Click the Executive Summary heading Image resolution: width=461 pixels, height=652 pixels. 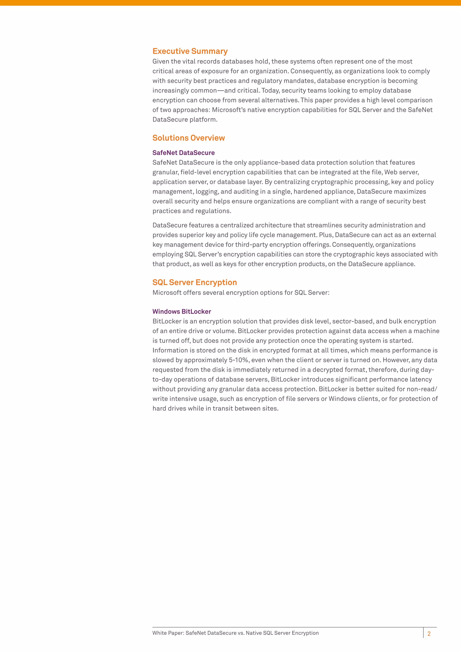(190, 51)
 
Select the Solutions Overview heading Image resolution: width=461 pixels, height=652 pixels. (188, 138)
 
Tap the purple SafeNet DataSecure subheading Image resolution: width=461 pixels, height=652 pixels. (183, 153)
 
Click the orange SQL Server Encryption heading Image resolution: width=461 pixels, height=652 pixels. (194, 282)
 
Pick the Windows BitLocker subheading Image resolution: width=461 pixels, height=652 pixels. (182, 312)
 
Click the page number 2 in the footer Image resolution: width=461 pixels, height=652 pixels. (429, 634)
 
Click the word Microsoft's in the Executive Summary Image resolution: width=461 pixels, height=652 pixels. (228, 110)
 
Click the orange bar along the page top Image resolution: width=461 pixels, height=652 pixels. (230, 2)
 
